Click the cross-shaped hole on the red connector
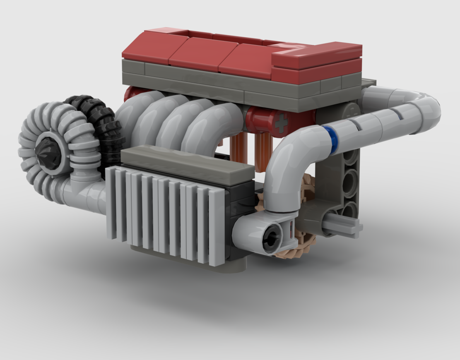tap(282, 123)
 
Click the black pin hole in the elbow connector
tap(272, 238)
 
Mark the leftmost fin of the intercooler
tap(110, 203)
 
